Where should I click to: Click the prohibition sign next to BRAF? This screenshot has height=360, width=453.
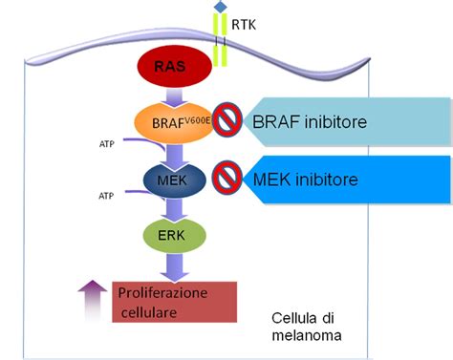tap(226, 121)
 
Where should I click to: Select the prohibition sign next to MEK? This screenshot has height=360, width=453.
tap(226, 178)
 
